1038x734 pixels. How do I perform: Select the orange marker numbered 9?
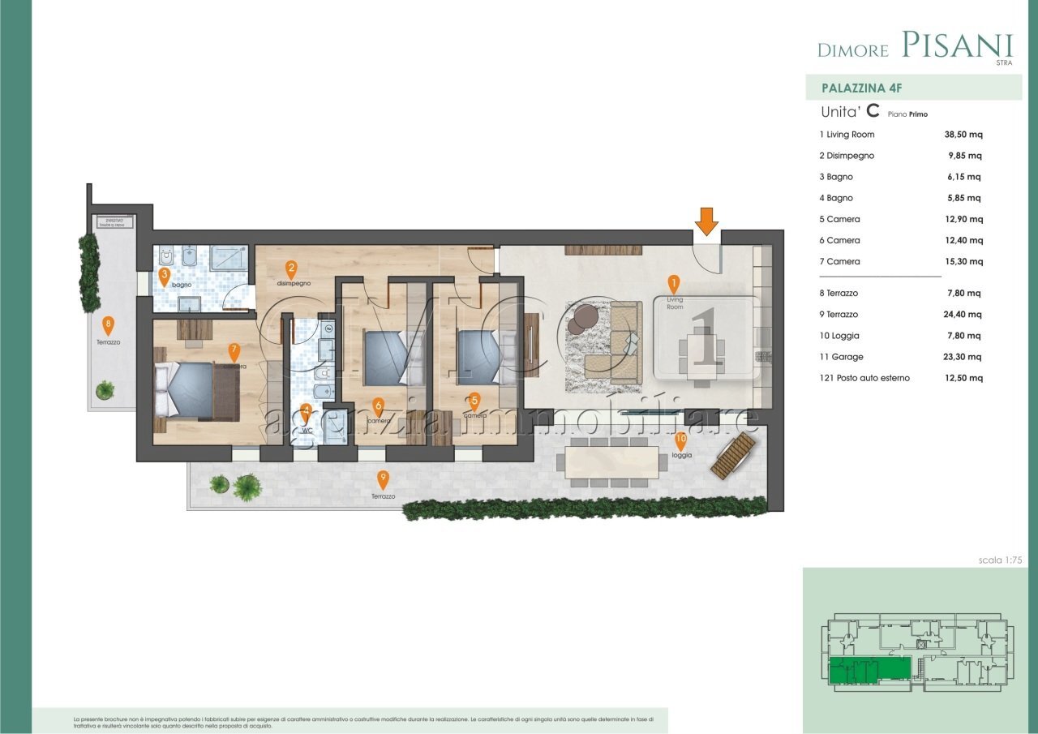[x=383, y=479]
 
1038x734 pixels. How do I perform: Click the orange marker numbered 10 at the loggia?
[x=680, y=441]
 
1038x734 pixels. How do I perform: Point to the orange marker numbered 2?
[x=291, y=268]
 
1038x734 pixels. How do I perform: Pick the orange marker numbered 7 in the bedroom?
[x=234, y=352]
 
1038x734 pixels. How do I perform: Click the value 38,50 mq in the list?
[x=958, y=135]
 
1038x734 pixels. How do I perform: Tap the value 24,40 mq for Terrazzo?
[x=958, y=315]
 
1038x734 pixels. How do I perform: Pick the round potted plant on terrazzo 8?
[x=105, y=391]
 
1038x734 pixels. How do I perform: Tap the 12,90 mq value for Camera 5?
[x=958, y=219]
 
